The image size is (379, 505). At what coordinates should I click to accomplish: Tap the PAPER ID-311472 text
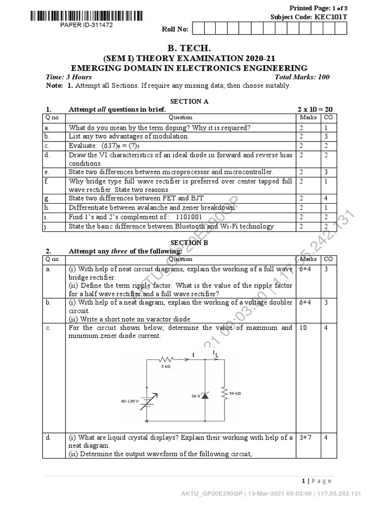86,25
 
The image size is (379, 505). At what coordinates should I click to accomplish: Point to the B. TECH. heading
189,48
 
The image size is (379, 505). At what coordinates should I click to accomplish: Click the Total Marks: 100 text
302,77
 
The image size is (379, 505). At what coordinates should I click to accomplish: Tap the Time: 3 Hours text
69,77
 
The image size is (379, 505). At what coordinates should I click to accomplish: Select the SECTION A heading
189,101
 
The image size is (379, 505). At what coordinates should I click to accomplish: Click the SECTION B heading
189,243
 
